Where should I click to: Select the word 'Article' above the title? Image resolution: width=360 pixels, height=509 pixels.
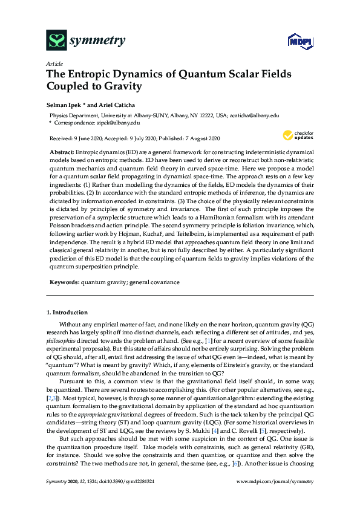point(53,63)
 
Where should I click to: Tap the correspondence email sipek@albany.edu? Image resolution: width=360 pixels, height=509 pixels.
point(114,122)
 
